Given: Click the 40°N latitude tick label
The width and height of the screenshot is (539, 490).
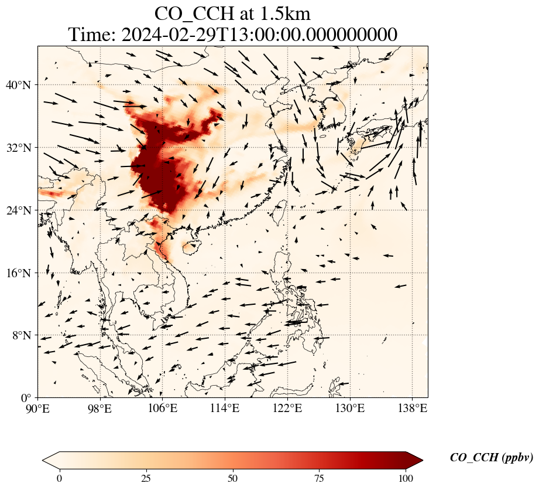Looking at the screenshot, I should (x=21, y=86).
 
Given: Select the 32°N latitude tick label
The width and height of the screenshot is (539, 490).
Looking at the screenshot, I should (x=21, y=148).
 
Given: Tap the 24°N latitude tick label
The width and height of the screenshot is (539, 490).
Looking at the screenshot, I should (x=21, y=210).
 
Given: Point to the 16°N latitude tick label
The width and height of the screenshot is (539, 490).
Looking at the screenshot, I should (x=21, y=273).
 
